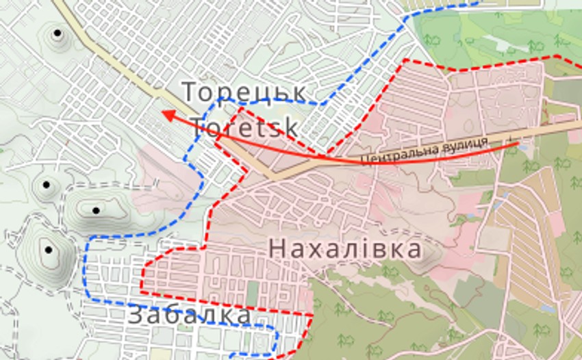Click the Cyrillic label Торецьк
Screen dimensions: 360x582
pyautogui.click(x=244, y=92)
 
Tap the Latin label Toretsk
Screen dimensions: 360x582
pyautogui.click(x=244, y=127)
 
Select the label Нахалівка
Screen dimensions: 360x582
pyautogui.click(x=345, y=248)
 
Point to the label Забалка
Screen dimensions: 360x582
pyautogui.click(x=190, y=316)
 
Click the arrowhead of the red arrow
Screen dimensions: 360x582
pyautogui.click(x=166, y=114)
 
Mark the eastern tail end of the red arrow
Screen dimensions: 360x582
pyautogui.click(x=517, y=142)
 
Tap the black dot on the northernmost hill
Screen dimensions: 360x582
pyautogui.click(x=58, y=32)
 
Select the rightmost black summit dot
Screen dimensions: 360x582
pyautogui.click(x=96, y=210)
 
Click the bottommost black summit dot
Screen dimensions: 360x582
pyautogui.click(x=48, y=250)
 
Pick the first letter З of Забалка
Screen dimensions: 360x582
pyautogui.click(x=136, y=316)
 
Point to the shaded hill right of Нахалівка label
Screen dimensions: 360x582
pyautogui.click(x=428, y=256)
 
